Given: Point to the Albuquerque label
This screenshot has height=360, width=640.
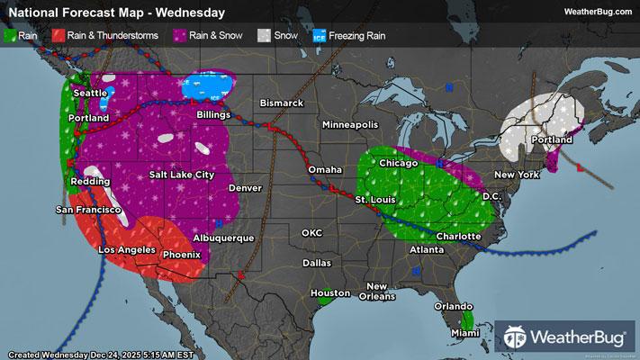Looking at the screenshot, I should [x=223, y=238].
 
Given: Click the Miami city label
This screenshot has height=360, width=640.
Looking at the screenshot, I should [x=464, y=334].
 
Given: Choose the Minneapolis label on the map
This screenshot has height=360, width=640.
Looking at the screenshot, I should [x=351, y=124].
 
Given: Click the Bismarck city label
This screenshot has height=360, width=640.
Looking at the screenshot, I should [x=282, y=103].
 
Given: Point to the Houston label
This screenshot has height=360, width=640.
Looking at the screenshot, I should [x=329, y=293].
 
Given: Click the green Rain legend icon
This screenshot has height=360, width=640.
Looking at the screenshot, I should [x=12, y=36].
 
